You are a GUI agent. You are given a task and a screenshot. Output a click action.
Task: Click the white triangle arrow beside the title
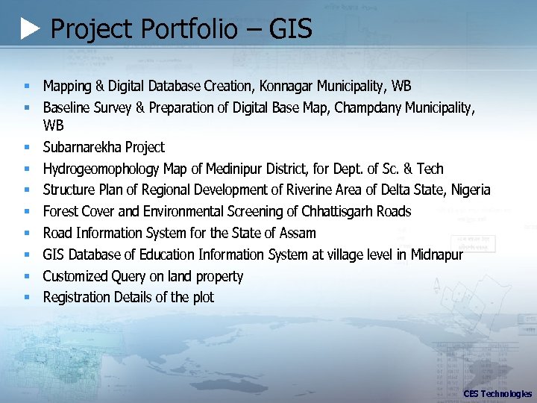click(30, 30)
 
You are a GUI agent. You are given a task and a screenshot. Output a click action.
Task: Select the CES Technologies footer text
click(497, 393)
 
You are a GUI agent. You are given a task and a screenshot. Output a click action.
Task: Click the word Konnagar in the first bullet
click(286, 86)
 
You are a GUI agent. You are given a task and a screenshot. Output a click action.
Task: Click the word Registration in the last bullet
click(77, 297)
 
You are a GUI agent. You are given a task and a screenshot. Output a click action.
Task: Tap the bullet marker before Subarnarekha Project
click(26, 148)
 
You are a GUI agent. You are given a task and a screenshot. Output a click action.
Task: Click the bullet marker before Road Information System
click(26, 234)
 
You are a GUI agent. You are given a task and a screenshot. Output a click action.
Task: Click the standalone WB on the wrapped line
click(54, 125)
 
